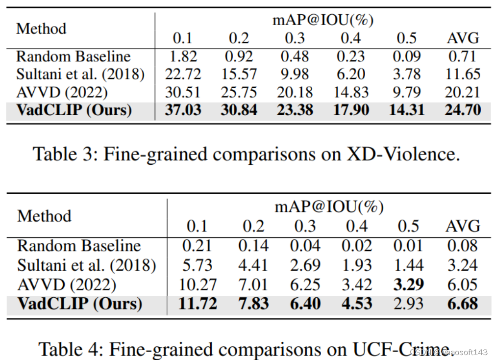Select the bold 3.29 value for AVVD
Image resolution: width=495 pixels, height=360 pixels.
click(x=408, y=285)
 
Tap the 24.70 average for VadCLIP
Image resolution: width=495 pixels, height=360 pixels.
click(x=463, y=109)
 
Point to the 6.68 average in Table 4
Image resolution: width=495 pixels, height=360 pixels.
click(x=462, y=304)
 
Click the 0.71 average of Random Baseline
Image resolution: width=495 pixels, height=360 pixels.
click(x=463, y=56)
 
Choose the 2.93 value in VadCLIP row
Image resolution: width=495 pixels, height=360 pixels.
click(x=408, y=304)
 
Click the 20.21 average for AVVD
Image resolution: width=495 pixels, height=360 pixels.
click(x=463, y=92)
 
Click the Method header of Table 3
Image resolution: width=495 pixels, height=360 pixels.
click(x=41, y=28)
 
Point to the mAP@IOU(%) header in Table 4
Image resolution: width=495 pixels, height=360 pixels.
click(x=329, y=207)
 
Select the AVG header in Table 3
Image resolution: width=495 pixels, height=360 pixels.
click(x=463, y=38)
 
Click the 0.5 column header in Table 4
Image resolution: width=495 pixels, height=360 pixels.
click(x=408, y=226)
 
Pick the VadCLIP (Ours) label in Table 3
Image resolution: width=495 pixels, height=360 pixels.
click(x=74, y=109)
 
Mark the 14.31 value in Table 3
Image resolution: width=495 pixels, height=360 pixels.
click(x=407, y=109)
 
